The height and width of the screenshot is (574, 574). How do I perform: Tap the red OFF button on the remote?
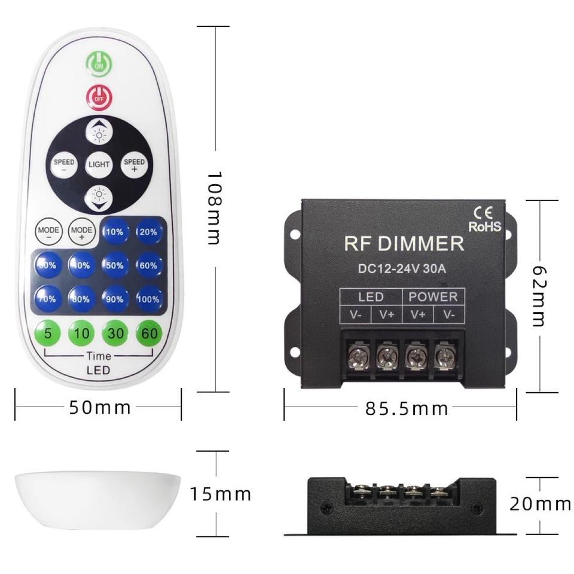(98, 95)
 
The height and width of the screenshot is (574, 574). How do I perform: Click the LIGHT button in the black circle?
(99, 164)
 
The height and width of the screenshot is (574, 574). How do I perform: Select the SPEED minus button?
(64, 165)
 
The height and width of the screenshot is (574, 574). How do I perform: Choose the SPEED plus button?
(134, 165)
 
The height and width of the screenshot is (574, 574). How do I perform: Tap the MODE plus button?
(81, 232)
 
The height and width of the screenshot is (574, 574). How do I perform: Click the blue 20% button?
(149, 232)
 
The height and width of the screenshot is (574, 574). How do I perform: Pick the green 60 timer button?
(149, 333)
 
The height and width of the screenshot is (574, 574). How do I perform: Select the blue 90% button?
(115, 299)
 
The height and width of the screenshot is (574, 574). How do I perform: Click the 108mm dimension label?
(213, 208)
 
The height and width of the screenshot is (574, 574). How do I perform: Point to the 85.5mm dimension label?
(407, 408)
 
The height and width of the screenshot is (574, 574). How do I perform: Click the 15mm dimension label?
(221, 494)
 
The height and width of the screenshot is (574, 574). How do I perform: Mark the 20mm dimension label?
(540, 504)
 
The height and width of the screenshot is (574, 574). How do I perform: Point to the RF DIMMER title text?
(404, 243)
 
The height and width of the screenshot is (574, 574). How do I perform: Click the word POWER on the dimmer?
(433, 297)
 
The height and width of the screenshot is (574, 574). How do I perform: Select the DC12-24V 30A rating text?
(402, 268)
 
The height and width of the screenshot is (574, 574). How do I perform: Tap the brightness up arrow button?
(99, 133)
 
